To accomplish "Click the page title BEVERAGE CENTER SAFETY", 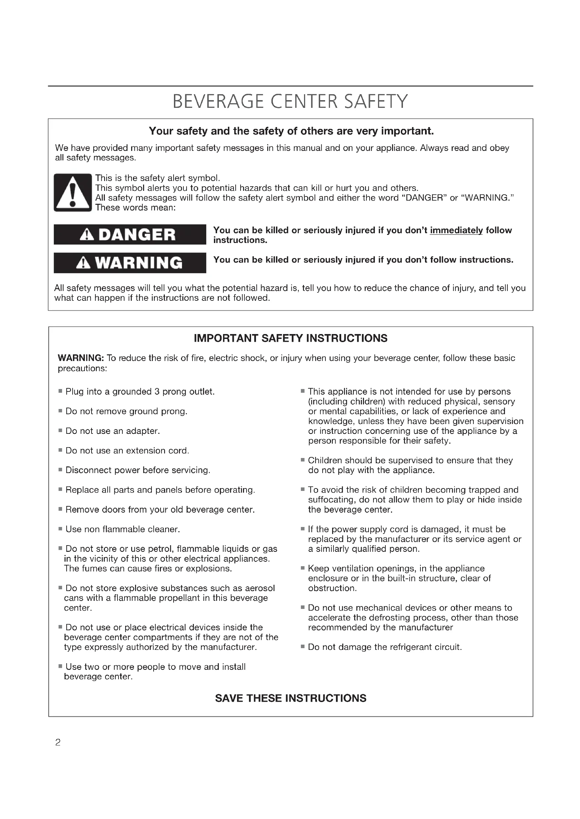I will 290,102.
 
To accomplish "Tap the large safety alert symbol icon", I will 73,193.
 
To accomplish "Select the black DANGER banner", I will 130,234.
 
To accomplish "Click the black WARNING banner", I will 130,263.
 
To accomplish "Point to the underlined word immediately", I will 456,230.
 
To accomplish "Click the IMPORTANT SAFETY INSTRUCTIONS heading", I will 290,338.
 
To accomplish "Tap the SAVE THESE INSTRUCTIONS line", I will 290,698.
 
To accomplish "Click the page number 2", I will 58,743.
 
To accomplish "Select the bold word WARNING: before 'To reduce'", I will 81,358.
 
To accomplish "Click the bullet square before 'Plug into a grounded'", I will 60,391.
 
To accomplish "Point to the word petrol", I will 161,549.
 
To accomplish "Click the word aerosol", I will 260,588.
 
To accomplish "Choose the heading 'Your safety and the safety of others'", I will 291,131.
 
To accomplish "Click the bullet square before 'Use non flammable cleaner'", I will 60,529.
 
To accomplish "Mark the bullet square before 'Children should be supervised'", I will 303,460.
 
